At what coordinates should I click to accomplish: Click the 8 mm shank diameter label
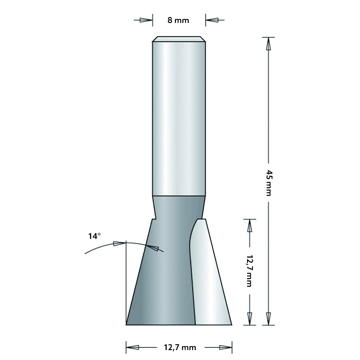179,20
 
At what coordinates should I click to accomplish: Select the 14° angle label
94,235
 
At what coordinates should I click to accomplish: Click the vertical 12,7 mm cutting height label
248,270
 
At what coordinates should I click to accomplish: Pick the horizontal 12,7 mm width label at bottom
179,347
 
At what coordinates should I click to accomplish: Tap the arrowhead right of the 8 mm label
212,20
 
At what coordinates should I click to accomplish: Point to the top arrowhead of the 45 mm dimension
269,44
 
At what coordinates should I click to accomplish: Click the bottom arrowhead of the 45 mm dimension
269,318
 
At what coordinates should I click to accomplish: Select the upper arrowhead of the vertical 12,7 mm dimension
249,226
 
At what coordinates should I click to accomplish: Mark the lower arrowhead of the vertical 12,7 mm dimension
249,318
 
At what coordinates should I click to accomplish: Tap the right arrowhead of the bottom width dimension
225,347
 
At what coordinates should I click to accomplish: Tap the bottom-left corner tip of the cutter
127,323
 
